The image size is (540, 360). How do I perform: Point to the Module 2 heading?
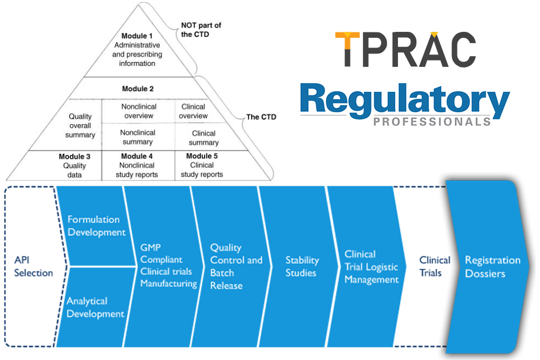[x=138, y=89]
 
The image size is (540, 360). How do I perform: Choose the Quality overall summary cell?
[x=80, y=126]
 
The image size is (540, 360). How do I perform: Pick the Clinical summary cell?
[x=204, y=138]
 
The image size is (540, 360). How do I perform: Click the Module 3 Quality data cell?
[x=75, y=165]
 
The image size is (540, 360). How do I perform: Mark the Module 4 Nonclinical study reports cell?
[x=137, y=165]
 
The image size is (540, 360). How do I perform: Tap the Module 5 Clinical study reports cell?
[x=201, y=165]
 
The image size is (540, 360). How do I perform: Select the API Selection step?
[x=33, y=266]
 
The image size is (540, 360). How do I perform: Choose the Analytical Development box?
[x=95, y=307]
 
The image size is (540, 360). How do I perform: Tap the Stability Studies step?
[x=301, y=267]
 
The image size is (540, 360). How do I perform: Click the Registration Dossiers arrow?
[x=492, y=267]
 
